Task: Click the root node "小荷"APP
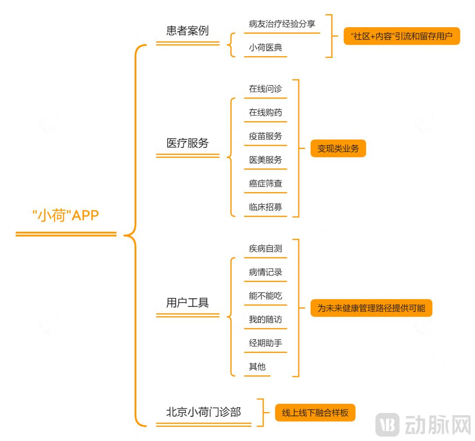[x=66, y=216]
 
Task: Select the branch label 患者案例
[x=187, y=31]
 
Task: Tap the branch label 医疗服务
[x=187, y=143]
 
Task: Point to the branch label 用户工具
[x=187, y=302]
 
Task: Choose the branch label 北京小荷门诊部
[x=203, y=412]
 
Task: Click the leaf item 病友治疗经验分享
[x=282, y=24]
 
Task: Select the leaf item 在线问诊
[x=265, y=89]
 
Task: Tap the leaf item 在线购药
[x=265, y=113]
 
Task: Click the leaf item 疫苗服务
[x=265, y=136]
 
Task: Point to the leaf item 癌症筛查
[x=265, y=184]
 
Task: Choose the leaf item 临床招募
[x=265, y=207]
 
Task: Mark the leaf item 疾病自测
[x=265, y=249]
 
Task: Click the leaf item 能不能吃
[x=265, y=296]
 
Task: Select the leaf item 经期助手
[x=265, y=343]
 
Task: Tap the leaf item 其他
[x=257, y=367]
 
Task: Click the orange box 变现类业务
[x=338, y=149]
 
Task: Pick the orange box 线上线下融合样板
[x=315, y=413]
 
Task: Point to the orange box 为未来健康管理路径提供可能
[x=371, y=308]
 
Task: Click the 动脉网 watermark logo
[x=423, y=424]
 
